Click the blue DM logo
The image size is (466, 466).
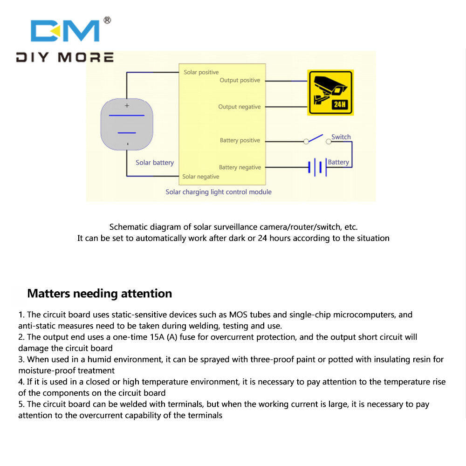(x=65, y=31)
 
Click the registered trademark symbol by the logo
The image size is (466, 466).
(x=107, y=20)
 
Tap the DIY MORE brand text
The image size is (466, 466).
(x=65, y=57)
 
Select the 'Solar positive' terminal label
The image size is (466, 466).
(x=201, y=72)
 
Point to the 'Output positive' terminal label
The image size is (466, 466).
(x=240, y=80)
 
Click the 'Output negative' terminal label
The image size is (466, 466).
(x=239, y=107)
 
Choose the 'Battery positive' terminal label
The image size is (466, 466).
(x=240, y=140)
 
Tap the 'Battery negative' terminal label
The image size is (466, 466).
(x=240, y=167)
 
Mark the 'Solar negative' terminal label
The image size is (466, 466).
(x=200, y=177)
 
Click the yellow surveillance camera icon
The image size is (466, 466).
(x=330, y=92)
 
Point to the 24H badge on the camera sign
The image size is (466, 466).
(x=339, y=104)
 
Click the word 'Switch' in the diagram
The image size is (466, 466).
(x=341, y=137)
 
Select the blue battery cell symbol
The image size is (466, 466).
(x=317, y=167)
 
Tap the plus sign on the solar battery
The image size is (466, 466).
(x=127, y=105)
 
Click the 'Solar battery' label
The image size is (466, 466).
(x=155, y=163)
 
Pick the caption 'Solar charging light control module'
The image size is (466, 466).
(x=219, y=192)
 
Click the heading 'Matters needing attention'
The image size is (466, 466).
(x=100, y=294)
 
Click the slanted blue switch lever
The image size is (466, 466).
(x=315, y=138)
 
